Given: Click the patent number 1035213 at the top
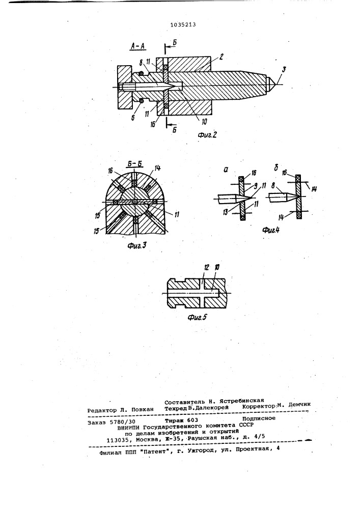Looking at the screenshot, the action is pos(183,24).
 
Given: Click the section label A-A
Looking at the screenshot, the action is pos(138,47).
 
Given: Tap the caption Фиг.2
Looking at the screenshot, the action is pos(207,135).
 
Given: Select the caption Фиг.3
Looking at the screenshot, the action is pos(136,246).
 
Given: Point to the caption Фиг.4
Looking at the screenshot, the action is pos(271,231).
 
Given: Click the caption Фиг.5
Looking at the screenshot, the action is pos(197,317).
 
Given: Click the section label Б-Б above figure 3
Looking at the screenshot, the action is pos(134,164).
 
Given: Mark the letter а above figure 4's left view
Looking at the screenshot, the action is pos(226,170).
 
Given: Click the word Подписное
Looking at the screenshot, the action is pos(259,418).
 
